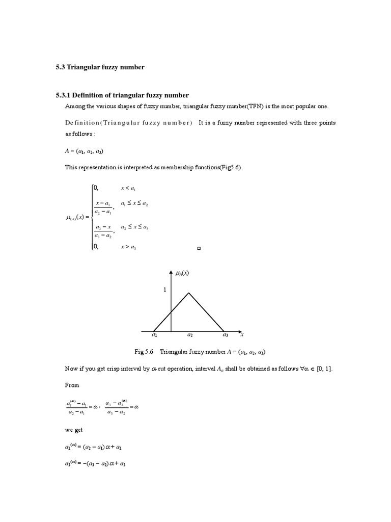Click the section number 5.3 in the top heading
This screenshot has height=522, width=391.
61,67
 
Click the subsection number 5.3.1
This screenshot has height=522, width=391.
64,95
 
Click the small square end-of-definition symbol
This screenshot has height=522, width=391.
199,249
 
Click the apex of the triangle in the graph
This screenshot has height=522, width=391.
189,293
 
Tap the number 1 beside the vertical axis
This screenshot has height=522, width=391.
164,290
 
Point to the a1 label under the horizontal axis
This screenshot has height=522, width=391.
154,335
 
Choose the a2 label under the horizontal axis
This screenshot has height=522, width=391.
189,335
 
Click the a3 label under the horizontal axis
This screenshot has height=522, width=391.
225,335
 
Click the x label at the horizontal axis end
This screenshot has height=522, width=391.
242,334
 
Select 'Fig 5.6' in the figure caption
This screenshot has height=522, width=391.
145,352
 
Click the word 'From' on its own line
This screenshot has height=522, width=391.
71,385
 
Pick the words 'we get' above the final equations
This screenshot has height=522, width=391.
74,430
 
